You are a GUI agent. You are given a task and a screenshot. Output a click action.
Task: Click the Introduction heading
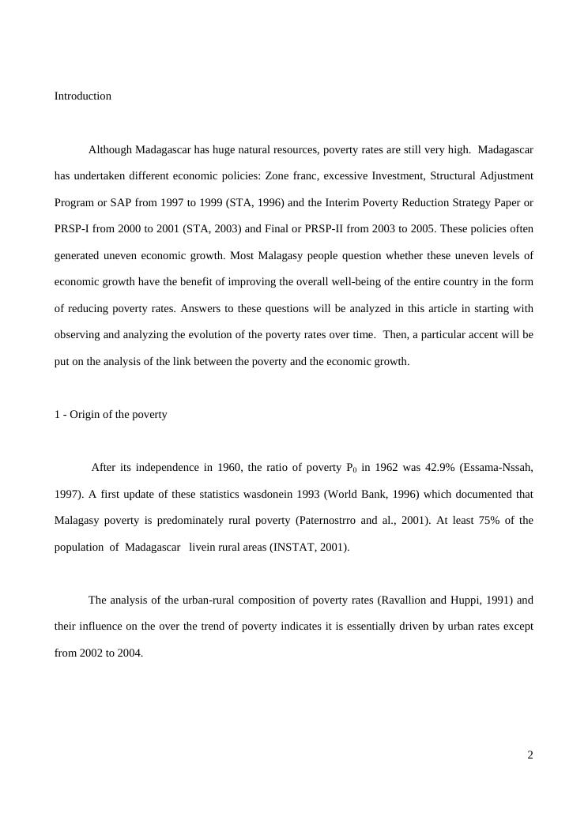pyautogui.click(x=82, y=96)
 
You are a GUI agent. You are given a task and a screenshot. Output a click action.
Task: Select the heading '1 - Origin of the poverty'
pyautogui.click(x=111, y=415)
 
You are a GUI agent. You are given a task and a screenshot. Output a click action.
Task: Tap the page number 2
pyautogui.click(x=530, y=755)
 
